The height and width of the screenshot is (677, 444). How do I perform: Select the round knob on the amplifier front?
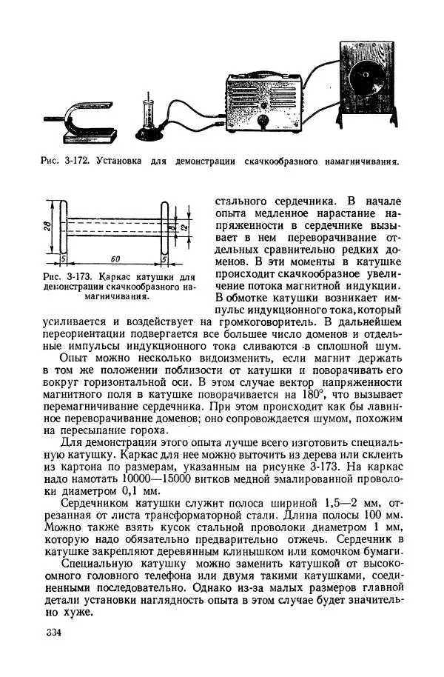pos(263,120)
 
